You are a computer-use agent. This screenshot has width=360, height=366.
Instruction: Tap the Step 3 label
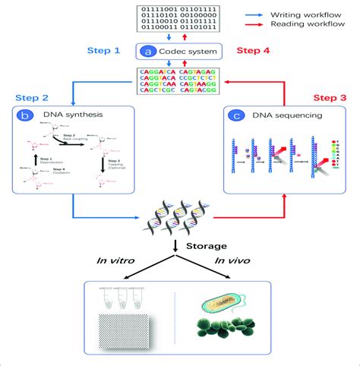pyautogui.click(x=332, y=98)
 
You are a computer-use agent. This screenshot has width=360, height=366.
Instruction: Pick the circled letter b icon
pyautogui.click(x=27, y=115)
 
